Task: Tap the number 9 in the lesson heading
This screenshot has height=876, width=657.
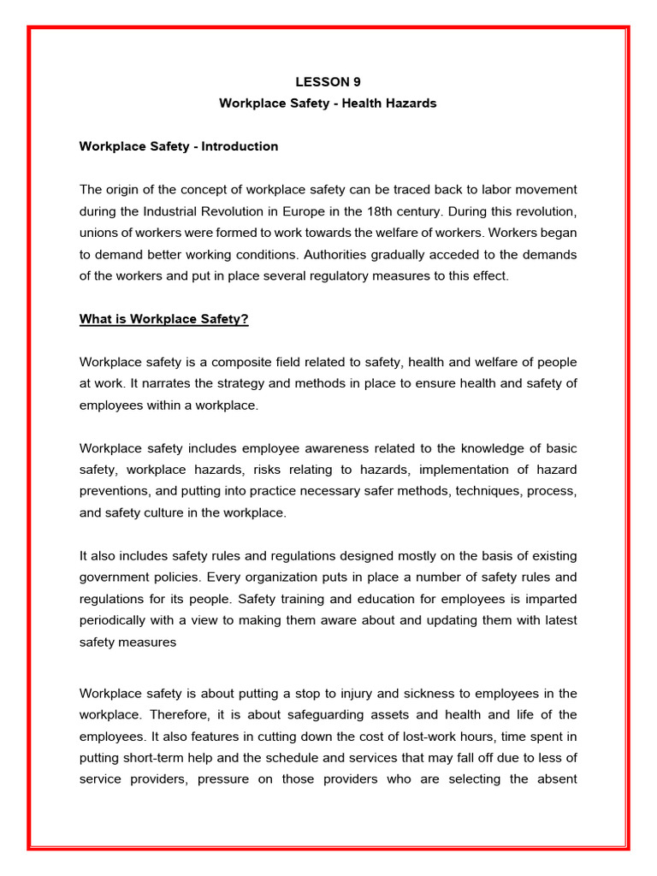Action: (x=357, y=82)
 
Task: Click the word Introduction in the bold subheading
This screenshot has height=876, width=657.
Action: (x=240, y=146)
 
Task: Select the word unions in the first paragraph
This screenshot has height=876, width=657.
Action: (x=99, y=233)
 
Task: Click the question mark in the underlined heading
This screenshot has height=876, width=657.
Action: (x=245, y=320)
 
